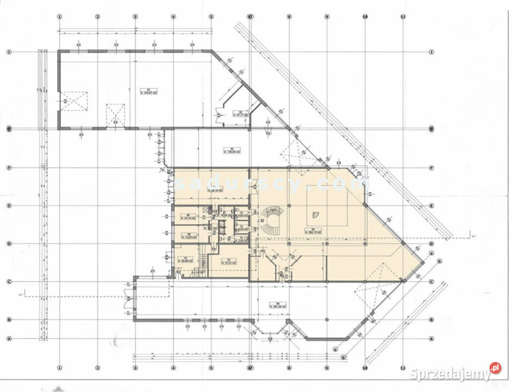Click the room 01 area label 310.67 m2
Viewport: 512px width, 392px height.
tap(145, 91)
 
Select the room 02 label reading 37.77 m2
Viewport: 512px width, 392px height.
tap(240, 115)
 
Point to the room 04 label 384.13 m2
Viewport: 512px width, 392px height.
tap(314, 230)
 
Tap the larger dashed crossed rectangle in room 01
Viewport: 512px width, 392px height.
tap(73, 101)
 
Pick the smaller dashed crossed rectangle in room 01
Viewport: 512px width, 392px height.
tap(116, 114)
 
